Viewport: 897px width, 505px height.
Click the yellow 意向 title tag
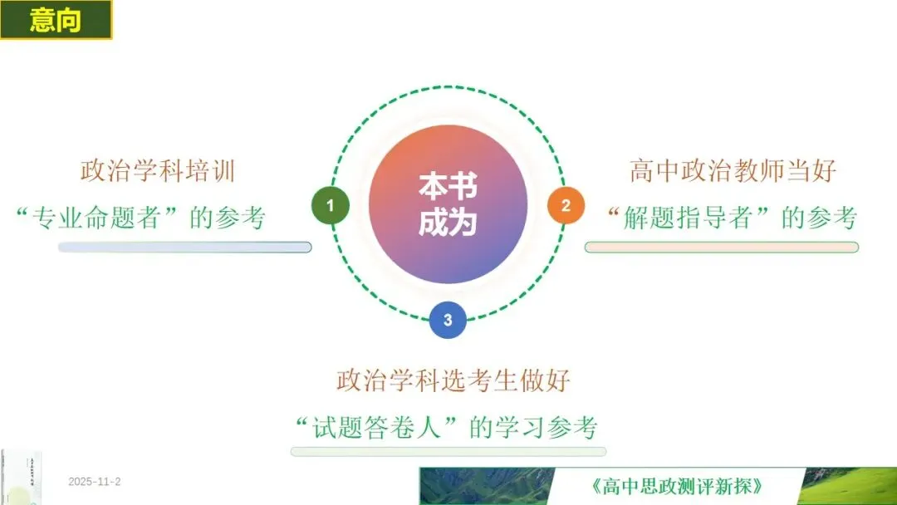click(x=56, y=20)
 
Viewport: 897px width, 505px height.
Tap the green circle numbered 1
click(x=331, y=205)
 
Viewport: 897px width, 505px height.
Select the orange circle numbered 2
click(x=566, y=205)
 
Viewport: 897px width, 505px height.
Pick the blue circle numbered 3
click(x=448, y=320)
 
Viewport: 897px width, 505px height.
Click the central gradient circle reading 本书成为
click(x=448, y=204)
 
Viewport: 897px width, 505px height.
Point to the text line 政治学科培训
click(x=158, y=172)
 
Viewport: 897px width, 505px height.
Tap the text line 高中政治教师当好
click(x=733, y=172)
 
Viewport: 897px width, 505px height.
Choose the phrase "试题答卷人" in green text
click(x=380, y=428)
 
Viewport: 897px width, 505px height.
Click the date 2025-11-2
click(x=95, y=482)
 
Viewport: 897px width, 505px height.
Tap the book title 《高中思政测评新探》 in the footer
click(x=679, y=486)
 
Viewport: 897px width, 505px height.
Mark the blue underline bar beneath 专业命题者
click(x=184, y=247)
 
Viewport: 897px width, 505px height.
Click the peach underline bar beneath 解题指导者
click(x=721, y=247)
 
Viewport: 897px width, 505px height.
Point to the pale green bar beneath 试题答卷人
click(x=448, y=451)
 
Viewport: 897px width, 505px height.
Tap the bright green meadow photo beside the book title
click(x=851, y=486)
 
